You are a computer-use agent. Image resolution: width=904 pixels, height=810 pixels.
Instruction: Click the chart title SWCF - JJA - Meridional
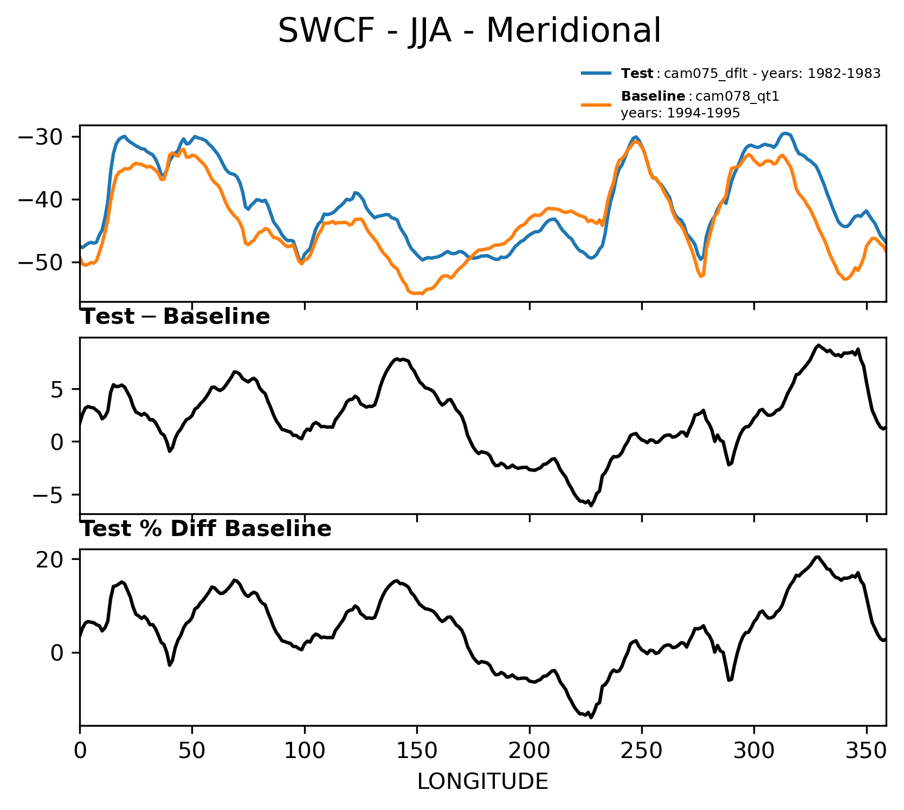469,31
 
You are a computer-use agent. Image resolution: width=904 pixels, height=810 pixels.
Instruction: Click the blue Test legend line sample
597,74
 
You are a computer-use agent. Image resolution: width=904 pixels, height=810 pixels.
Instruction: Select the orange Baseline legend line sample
597,104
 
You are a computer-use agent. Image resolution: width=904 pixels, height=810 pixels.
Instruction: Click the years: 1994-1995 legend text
680,113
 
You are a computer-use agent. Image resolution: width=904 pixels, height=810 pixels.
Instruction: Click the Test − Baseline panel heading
175,317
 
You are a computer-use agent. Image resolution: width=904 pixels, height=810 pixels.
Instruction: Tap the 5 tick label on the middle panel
59,390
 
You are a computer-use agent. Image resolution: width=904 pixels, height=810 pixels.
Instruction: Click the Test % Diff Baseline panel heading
206,529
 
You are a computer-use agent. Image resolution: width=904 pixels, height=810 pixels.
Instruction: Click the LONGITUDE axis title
482,781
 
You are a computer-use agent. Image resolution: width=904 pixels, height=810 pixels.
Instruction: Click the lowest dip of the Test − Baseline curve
591,505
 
